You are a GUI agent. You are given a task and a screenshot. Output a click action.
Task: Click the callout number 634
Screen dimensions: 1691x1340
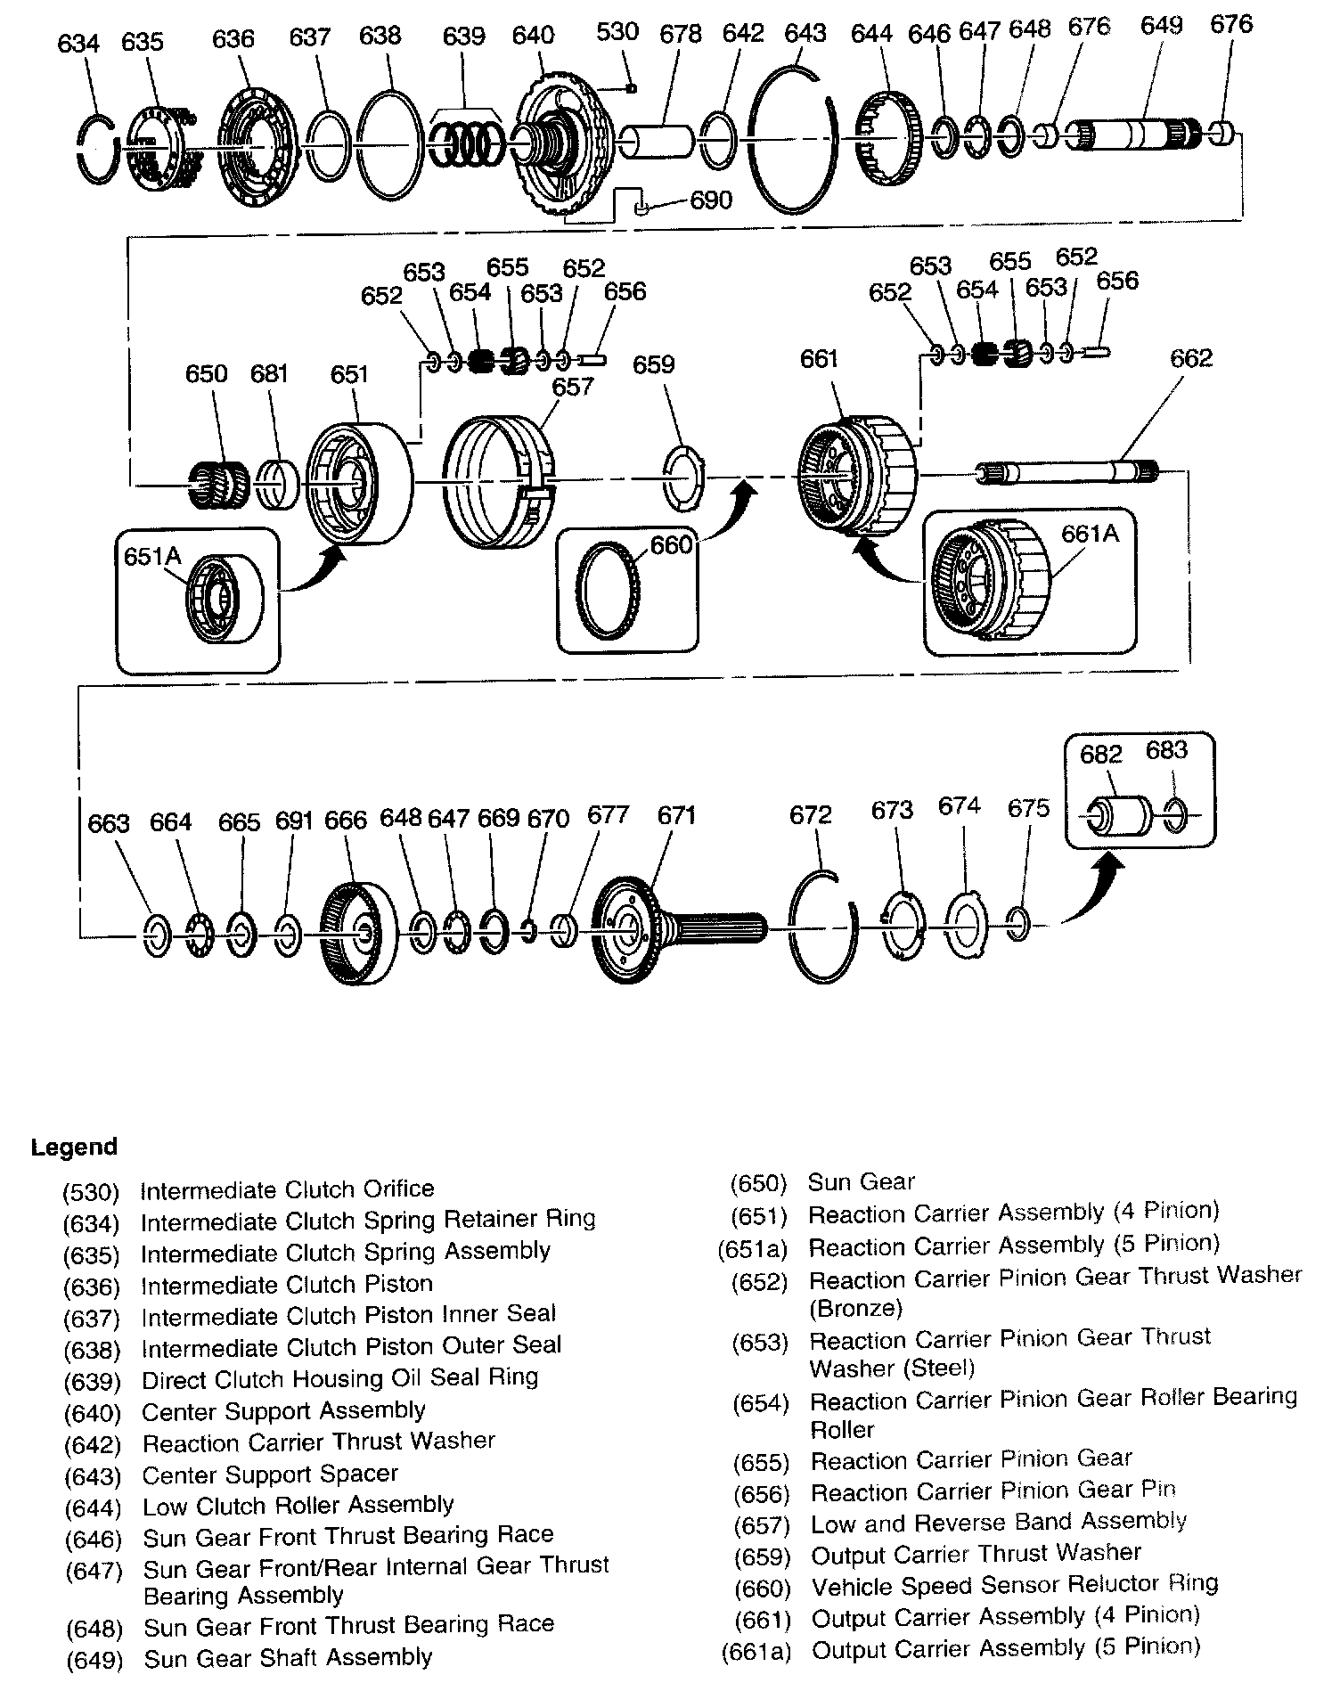click(78, 42)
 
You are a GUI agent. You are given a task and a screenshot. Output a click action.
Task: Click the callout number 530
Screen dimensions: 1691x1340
click(617, 32)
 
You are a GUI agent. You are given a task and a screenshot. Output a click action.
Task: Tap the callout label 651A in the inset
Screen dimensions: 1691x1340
click(152, 556)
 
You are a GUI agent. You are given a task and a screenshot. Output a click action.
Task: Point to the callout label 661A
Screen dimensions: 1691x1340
click(1090, 533)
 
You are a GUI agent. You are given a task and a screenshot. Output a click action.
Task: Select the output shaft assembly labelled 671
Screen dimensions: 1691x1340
click(677, 931)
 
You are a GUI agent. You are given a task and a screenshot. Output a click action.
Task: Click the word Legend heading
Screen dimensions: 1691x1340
click(74, 1147)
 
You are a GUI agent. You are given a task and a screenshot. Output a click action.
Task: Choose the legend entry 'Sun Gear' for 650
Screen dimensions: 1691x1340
click(861, 1181)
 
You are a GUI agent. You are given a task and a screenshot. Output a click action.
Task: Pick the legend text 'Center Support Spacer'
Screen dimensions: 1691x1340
click(270, 1474)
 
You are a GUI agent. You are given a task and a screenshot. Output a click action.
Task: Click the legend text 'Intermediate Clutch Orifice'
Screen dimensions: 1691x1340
click(287, 1189)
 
